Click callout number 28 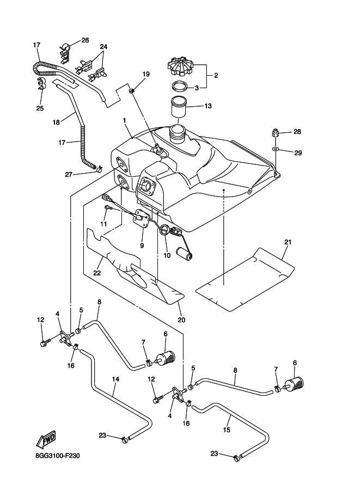click(x=297, y=132)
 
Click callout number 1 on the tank click(x=124, y=120)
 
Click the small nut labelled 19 click(x=132, y=90)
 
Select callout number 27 click(x=69, y=174)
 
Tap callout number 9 click(x=142, y=246)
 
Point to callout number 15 click(x=227, y=429)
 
